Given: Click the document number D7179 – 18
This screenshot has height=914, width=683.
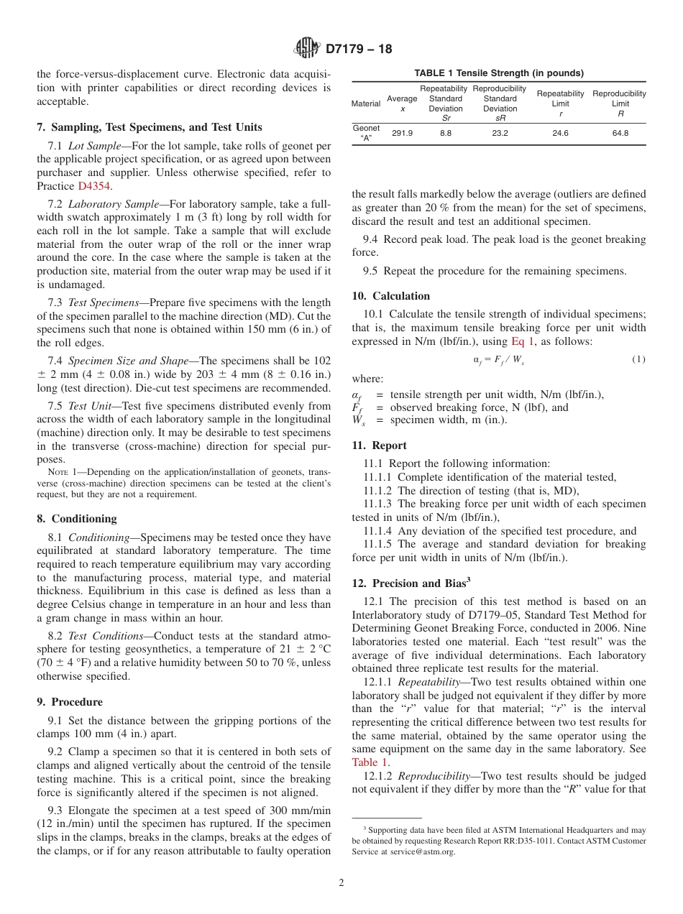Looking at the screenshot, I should point(359,50).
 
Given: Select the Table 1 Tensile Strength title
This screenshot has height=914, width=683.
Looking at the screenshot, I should point(498,73).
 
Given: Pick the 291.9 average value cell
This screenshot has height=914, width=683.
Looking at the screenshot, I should point(402,133).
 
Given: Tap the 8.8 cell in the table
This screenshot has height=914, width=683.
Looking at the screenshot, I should point(446,133).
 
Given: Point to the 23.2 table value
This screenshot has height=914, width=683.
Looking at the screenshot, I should point(500,133).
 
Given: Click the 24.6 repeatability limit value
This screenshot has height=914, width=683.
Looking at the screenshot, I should point(560,133).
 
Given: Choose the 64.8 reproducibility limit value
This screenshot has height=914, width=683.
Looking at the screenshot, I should point(620,133).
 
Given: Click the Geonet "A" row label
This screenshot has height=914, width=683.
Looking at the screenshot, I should point(366,133).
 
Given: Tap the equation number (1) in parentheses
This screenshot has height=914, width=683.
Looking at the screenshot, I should point(638,359).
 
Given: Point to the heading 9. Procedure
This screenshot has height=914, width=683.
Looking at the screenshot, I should point(70,702).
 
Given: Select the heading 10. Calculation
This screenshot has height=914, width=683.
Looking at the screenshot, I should point(391,296).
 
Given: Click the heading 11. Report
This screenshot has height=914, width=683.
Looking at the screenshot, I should point(379,446).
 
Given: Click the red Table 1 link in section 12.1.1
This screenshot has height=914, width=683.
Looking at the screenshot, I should point(370,762).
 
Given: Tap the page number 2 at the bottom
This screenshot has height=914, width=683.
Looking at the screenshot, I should point(341,883).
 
